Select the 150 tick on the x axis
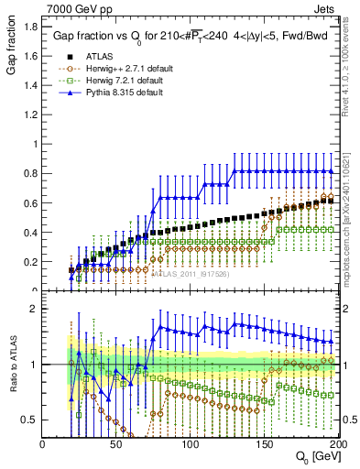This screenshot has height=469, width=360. pyautogui.click(x=264, y=442)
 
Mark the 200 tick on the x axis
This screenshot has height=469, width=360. pyautogui.click(x=337, y=442)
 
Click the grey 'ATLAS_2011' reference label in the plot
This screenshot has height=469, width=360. pyautogui.click(x=184, y=273)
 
